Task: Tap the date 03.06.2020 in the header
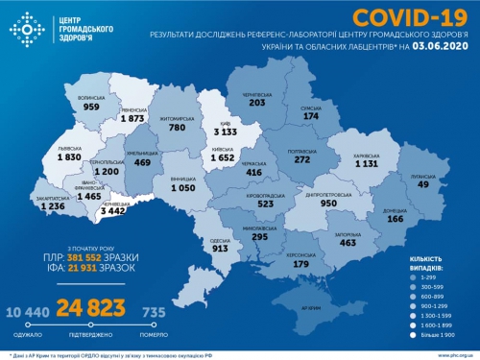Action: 444,45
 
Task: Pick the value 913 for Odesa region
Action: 219,247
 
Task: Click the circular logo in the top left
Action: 28,29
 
